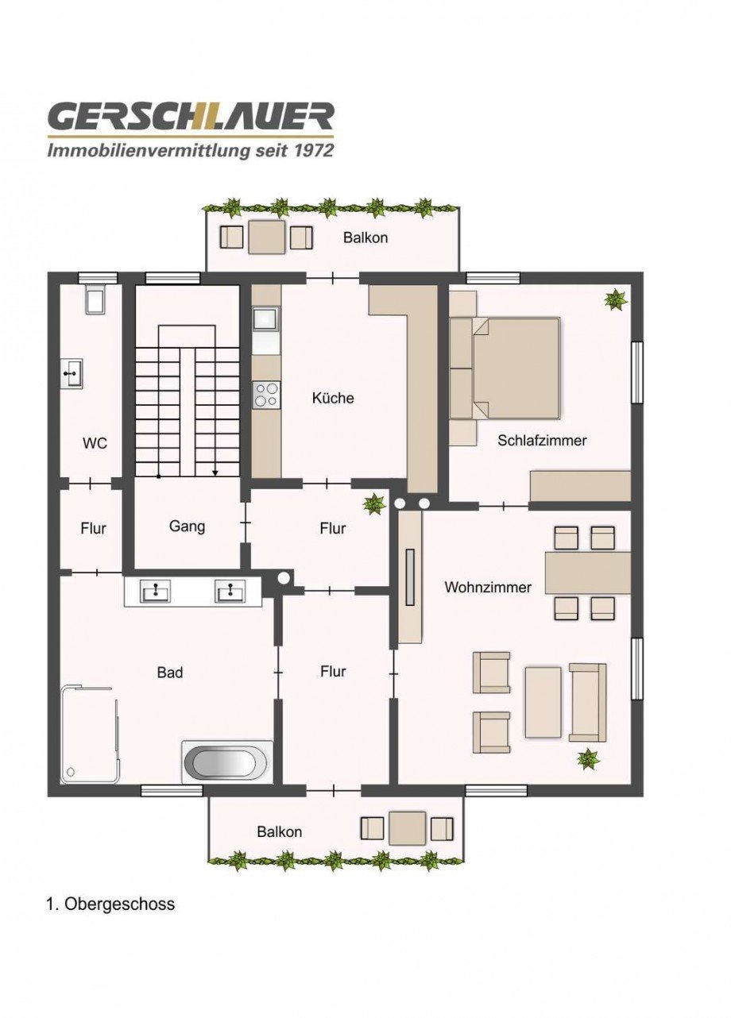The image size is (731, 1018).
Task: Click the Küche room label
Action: coord(333,398)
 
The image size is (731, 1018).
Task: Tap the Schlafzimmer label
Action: coord(542,440)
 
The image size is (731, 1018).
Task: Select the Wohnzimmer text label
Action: coord(488,588)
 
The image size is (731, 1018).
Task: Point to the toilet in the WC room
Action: coord(95,300)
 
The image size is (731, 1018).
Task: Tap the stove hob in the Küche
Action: coord(266,395)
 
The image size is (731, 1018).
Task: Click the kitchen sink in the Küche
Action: coord(265,320)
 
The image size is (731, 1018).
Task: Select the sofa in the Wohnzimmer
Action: coord(587,702)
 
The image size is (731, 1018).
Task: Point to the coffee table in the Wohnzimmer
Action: coord(543,702)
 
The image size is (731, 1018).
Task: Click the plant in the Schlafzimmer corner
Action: coord(616,299)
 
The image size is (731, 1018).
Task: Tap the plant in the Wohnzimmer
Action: coord(588,759)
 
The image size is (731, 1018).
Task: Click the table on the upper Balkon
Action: coord(266,237)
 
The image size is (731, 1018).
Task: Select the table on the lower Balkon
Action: coord(408,828)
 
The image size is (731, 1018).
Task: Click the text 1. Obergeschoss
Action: coord(110,904)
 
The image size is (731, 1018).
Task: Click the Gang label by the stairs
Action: coord(188,526)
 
